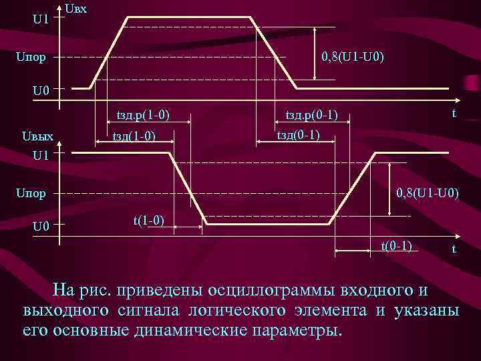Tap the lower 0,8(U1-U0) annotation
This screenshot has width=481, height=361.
point(428,195)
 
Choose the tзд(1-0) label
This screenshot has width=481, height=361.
point(134,136)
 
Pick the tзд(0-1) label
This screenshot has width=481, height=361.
point(298,136)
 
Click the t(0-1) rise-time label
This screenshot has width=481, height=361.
point(396,245)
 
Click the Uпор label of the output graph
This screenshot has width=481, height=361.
point(31,195)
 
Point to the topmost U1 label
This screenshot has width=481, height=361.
point(40,19)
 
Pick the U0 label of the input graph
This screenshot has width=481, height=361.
point(41,90)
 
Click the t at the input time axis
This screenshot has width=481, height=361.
point(454,113)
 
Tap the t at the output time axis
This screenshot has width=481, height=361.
point(454,249)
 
